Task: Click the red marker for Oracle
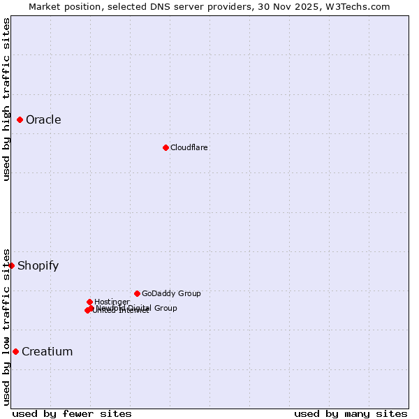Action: (20, 120)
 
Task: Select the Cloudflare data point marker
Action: (166, 147)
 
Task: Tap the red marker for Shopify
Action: (12, 265)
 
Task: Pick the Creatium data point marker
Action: (15, 351)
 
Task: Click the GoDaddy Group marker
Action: (137, 293)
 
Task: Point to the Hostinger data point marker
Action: (89, 302)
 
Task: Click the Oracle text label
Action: (43, 120)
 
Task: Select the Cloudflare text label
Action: (189, 147)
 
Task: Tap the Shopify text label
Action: (38, 266)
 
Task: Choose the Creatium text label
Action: (47, 352)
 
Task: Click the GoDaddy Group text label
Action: (171, 294)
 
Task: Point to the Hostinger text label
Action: (112, 302)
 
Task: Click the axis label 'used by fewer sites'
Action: (72, 414)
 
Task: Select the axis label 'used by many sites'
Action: (351, 414)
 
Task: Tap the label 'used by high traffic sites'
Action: (6, 99)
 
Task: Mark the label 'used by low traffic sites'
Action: (6, 327)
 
